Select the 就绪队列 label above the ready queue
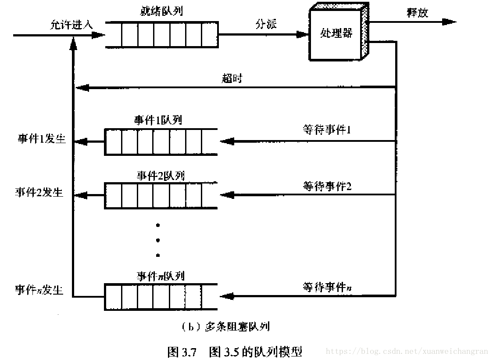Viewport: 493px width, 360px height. point(162,11)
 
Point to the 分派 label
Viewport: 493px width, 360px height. point(267,24)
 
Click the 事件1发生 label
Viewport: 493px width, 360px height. point(41,139)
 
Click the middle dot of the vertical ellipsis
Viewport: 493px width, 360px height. point(158,240)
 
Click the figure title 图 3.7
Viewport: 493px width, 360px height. point(182,352)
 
